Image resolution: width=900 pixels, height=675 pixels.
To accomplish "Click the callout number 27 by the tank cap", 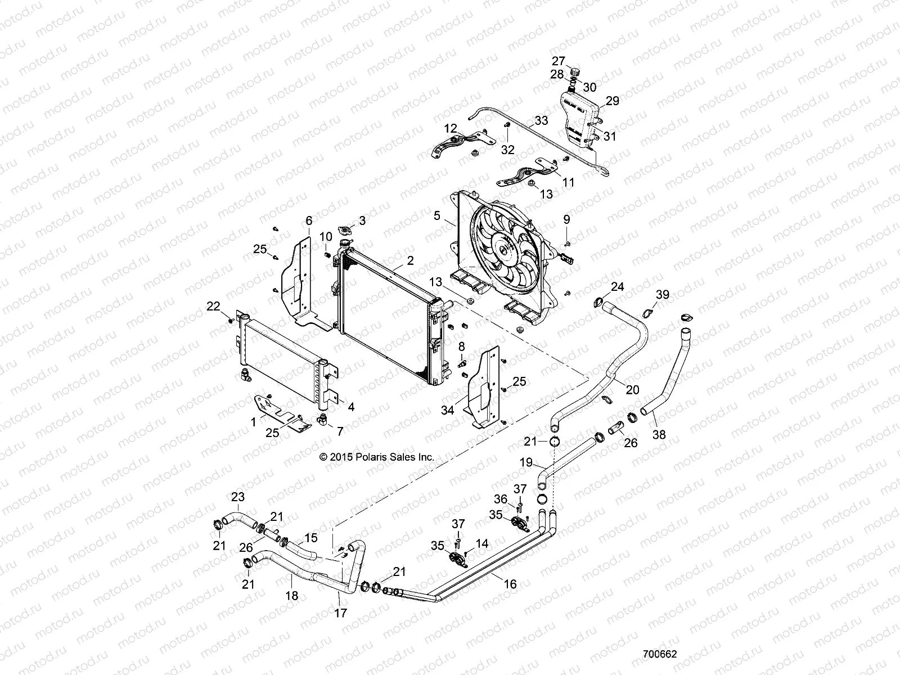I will (x=558, y=61).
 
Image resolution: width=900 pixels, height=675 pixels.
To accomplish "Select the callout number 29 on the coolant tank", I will (x=612, y=101).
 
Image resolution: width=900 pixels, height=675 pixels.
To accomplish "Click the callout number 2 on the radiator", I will (x=410, y=261).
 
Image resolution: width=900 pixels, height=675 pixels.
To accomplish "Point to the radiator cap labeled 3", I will (x=344, y=231).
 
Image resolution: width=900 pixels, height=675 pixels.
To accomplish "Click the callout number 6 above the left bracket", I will (x=308, y=220).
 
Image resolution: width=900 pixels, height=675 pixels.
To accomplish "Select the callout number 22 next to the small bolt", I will (x=213, y=306).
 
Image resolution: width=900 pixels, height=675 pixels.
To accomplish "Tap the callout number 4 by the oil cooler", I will (x=350, y=407).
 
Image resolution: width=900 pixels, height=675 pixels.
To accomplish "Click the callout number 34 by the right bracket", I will (x=448, y=411).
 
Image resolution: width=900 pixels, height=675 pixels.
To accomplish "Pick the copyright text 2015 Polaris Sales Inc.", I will (x=377, y=457).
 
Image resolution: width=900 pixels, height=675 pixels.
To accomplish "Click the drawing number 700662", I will (x=660, y=655).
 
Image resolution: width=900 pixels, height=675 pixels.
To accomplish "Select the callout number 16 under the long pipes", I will (x=510, y=585).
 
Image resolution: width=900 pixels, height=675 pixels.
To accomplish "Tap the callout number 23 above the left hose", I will (x=238, y=497).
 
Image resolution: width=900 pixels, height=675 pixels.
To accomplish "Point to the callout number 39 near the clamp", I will (x=663, y=295).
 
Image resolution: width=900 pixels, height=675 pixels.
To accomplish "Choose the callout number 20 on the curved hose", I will (x=632, y=389).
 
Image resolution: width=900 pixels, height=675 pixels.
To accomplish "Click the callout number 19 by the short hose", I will (x=525, y=463).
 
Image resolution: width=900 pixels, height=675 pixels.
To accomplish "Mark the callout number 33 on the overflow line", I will (x=541, y=120).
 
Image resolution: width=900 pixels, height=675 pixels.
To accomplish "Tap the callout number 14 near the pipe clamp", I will (x=482, y=544).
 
